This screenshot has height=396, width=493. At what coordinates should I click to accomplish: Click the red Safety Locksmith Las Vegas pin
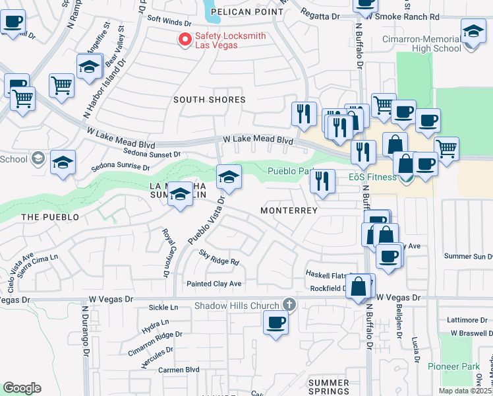pyautogui.click(x=185, y=40)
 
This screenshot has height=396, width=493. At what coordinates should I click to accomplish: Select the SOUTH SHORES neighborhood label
pyautogui.click(x=209, y=100)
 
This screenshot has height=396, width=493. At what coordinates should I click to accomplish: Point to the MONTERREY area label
pyautogui.click(x=289, y=211)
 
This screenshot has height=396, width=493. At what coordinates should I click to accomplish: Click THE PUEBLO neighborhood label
pyautogui.click(x=50, y=217)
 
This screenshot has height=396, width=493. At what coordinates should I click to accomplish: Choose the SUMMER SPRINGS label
pyautogui.click(x=329, y=387)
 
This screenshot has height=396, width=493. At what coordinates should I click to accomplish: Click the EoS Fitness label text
pyautogui.click(x=372, y=177)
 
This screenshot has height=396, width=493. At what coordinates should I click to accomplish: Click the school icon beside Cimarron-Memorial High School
pyautogui.click(x=473, y=32)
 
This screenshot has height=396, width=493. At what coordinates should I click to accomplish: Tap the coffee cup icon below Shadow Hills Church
pyautogui.click(x=275, y=323)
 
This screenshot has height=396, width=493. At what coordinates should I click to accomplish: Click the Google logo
pyautogui.click(x=22, y=388)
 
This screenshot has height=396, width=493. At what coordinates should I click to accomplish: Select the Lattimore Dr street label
pyautogui.click(x=466, y=319)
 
